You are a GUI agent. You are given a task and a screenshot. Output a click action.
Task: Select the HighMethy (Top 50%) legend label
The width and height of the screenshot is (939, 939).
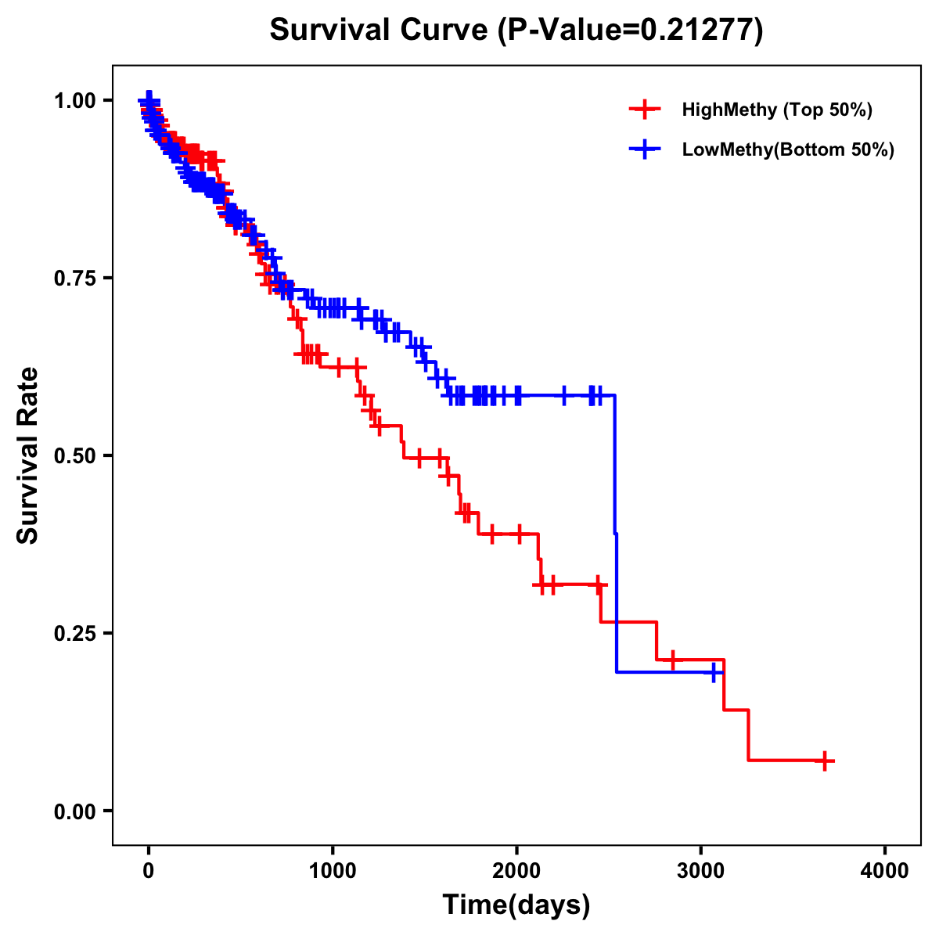tap(777, 110)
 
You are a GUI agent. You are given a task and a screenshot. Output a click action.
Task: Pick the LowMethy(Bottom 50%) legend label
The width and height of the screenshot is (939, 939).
tap(788, 149)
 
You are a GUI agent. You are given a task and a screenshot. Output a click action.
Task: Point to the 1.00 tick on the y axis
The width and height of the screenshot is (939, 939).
tap(74, 100)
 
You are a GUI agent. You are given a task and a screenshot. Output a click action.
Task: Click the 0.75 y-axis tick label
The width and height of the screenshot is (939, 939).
tap(74, 278)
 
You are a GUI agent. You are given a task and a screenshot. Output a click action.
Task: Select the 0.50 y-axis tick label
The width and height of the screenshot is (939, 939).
tap(74, 455)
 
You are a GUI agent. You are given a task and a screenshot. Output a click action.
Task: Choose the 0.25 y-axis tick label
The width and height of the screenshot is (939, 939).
tap(74, 633)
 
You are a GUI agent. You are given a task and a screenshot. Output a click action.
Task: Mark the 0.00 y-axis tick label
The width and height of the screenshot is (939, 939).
tap(74, 811)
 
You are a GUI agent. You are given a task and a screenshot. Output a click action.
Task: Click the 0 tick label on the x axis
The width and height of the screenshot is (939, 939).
tap(149, 871)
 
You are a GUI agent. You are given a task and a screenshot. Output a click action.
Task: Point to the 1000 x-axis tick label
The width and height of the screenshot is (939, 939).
tap(333, 871)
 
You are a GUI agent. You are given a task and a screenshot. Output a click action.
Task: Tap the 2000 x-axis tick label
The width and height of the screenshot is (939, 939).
tap(516, 871)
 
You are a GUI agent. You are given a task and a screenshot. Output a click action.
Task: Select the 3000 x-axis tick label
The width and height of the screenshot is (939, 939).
tap(701, 871)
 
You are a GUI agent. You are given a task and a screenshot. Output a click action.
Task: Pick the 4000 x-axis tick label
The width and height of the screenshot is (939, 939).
tap(885, 871)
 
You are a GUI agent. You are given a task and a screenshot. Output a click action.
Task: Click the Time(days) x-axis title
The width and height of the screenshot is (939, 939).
tap(516, 905)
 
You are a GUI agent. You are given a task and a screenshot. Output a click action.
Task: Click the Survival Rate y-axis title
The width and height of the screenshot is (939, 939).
tap(28, 455)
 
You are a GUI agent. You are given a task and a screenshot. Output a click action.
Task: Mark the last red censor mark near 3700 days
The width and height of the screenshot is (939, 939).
tap(825, 761)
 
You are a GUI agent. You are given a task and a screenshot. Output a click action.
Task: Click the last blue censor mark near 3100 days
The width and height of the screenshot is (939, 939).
tap(714, 672)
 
